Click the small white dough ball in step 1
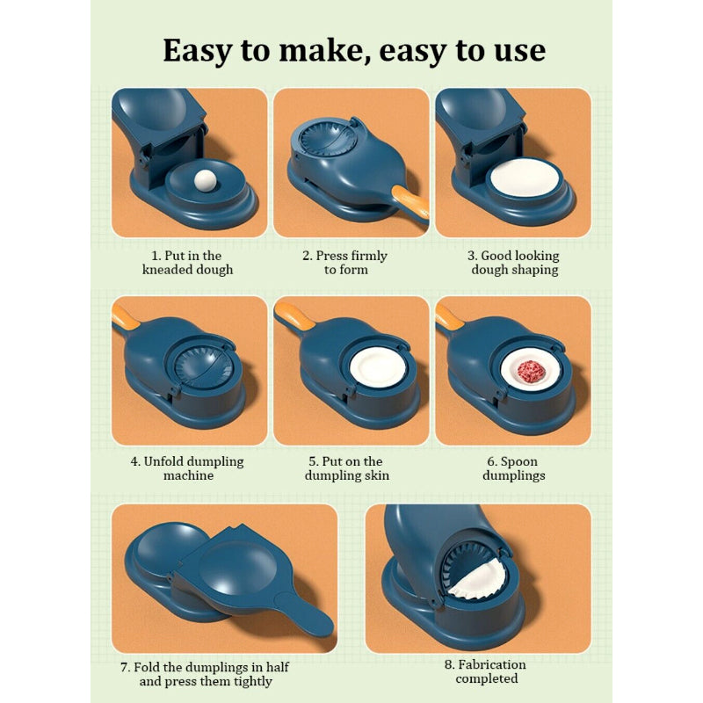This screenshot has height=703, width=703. [205, 180]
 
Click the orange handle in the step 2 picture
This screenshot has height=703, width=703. [409, 200]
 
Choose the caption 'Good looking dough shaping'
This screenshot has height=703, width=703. [513, 263]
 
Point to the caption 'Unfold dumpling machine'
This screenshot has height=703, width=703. [188, 468]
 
